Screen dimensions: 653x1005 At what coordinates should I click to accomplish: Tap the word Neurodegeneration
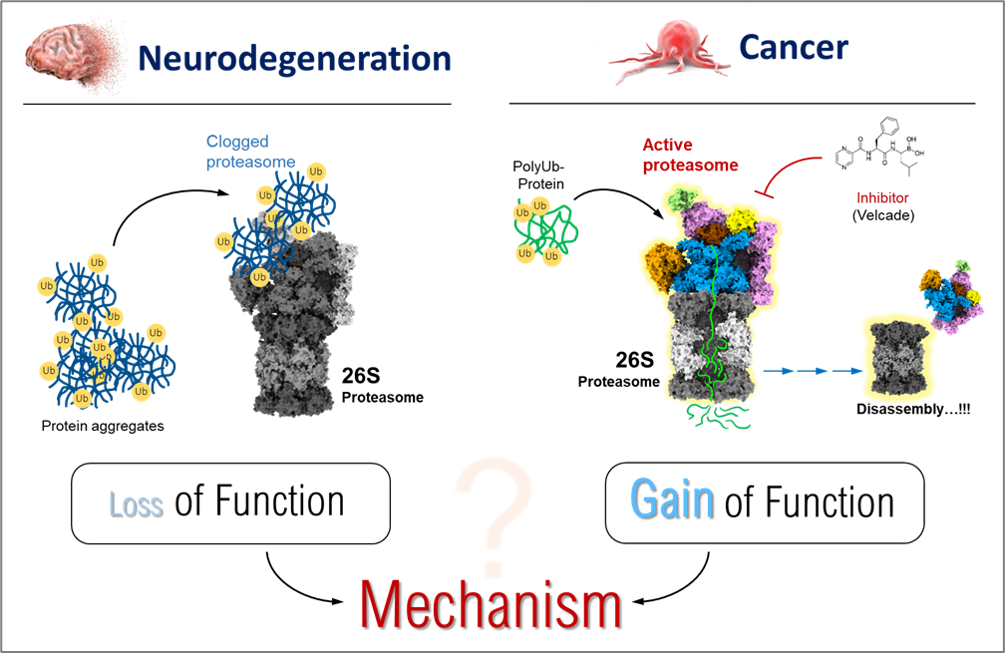[295, 58]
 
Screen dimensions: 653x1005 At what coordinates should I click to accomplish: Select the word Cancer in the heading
[794, 46]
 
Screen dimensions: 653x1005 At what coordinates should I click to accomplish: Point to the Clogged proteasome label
[250, 152]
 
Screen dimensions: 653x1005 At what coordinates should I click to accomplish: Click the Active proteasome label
[690, 156]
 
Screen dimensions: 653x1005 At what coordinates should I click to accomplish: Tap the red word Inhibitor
[882, 198]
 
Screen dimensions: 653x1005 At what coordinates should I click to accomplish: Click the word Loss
[135, 504]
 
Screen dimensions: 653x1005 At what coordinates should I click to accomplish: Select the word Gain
[671, 499]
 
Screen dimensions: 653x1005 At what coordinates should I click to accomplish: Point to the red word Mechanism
[490, 603]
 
